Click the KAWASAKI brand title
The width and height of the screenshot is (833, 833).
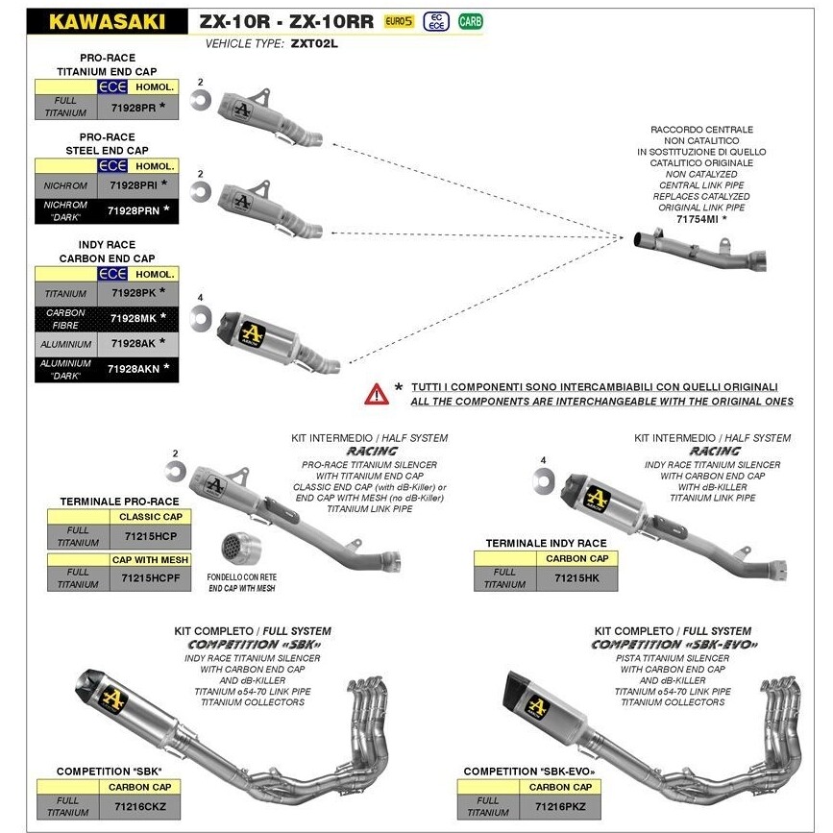point(107,22)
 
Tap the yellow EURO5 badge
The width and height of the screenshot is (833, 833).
point(399,21)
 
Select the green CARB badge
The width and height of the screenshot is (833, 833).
point(470,21)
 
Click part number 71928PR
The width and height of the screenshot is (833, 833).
point(134,108)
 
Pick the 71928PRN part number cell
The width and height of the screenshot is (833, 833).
point(134,211)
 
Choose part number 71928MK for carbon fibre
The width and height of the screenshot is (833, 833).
point(134,318)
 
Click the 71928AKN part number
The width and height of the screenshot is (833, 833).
point(134,369)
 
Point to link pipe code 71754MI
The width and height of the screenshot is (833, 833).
point(698,219)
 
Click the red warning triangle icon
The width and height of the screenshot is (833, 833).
point(376,394)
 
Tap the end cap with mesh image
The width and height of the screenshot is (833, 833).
point(240,549)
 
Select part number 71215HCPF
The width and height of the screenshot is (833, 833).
point(150,578)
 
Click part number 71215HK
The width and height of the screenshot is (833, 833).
point(576,578)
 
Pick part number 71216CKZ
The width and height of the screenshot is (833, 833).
point(140,806)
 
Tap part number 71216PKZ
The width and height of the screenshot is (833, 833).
point(560,806)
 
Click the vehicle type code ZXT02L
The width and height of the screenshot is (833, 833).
point(314,43)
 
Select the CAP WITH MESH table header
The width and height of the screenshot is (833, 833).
point(150,559)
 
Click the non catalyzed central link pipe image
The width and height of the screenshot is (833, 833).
point(700,251)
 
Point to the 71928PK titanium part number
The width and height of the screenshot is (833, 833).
point(134,293)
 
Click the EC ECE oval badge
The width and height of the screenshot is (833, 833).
point(436,21)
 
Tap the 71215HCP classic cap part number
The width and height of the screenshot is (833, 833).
point(150,536)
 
